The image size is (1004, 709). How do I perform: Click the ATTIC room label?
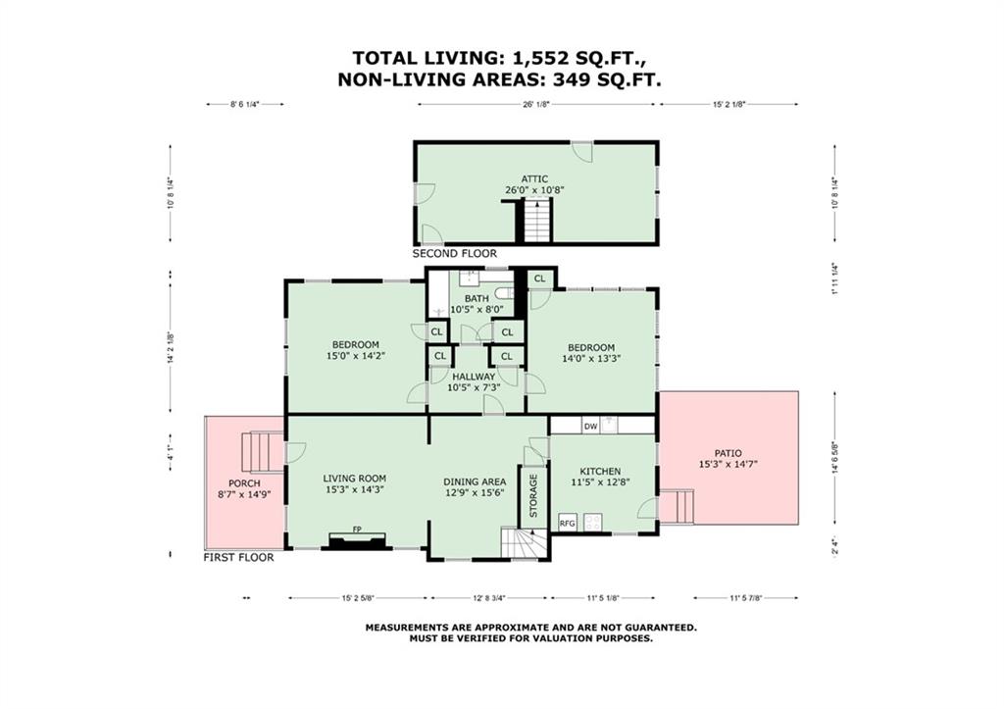534,179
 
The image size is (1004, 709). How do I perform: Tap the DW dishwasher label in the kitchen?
589,426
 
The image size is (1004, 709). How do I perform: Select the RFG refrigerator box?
568,522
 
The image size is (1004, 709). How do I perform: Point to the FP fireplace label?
357,529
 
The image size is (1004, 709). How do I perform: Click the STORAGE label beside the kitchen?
533,495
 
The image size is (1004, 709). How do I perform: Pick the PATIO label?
728,453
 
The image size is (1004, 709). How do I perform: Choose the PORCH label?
244,483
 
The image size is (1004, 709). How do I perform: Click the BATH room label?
477,298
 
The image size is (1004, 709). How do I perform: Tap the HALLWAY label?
474,377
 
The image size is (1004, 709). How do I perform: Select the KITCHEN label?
600,471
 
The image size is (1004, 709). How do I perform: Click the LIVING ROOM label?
354,479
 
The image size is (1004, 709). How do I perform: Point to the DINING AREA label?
475,481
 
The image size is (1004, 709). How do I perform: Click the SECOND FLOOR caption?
455,254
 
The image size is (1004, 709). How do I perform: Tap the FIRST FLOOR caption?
239,557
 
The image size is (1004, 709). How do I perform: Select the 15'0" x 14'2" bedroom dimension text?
355,355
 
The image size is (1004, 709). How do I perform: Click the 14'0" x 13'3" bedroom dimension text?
591,359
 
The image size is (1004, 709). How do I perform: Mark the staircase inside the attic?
537,220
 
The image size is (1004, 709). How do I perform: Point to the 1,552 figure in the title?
540,58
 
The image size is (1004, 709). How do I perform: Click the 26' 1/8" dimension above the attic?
536,104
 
